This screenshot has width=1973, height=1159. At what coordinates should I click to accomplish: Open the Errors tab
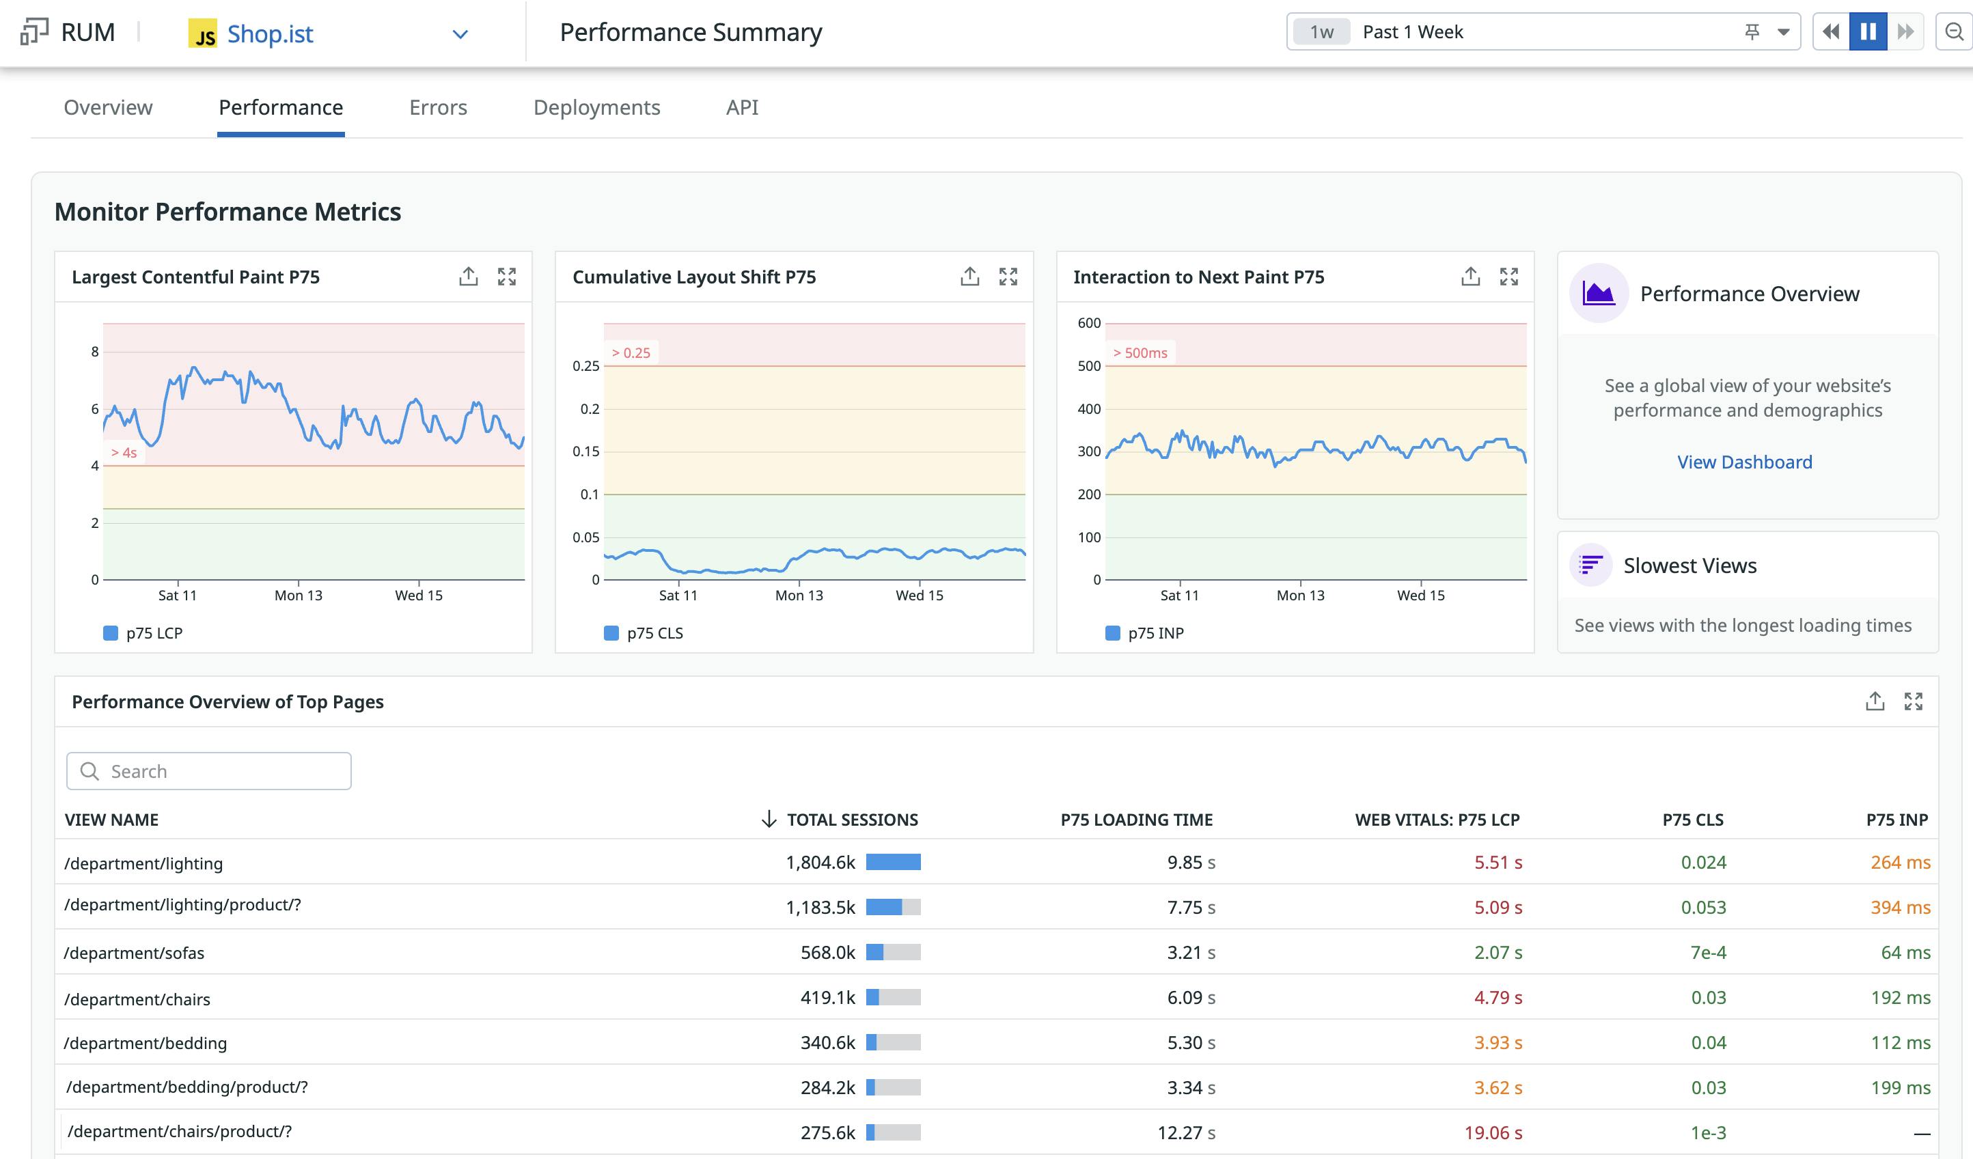(438, 107)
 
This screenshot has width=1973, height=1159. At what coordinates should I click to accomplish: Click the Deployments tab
(596, 107)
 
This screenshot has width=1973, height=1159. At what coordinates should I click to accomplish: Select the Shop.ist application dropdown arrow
(460, 33)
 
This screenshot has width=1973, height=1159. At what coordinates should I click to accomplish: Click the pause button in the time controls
(1867, 32)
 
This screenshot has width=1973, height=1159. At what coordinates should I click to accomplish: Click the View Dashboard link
(1743, 462)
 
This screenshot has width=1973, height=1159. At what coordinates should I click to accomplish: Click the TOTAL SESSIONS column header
(851, 820)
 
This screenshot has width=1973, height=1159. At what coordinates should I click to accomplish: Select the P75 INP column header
(1896, 820)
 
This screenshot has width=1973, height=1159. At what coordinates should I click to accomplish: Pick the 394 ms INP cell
(1899, 907)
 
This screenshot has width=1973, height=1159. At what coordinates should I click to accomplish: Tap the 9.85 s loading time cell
(1190, 863)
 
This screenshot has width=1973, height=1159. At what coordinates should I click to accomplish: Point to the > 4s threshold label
(124, 452)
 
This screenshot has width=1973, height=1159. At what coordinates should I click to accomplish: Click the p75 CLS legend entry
(654, 633)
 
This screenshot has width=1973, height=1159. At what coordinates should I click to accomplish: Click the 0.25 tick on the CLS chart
(585, 366)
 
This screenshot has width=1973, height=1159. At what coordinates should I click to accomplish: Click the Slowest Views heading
(1689, 565)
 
